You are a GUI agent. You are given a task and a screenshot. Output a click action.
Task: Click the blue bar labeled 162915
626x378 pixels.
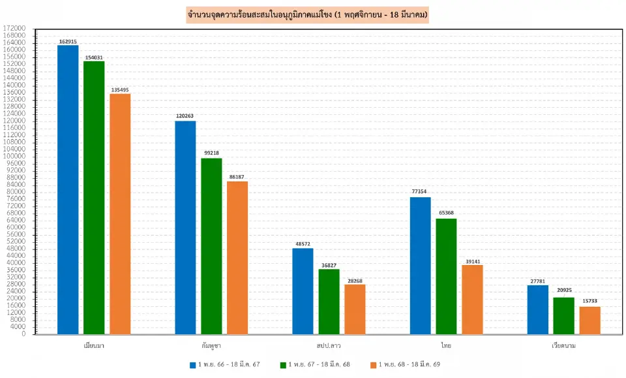pos(68,189)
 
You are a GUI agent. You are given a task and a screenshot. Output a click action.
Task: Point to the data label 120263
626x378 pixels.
pos(185,116)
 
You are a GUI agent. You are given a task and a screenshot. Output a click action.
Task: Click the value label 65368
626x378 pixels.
pos(446,213)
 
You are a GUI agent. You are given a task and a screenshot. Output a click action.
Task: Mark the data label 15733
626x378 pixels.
pos(589,301)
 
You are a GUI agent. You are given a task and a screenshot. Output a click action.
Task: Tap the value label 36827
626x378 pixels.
pos(329,264)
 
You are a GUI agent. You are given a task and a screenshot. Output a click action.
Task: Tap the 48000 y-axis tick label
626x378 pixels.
pos(16,249)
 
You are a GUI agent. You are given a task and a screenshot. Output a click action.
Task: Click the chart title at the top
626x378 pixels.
pos(306,15)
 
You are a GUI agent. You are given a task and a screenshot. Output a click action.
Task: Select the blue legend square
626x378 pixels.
pos(193,364)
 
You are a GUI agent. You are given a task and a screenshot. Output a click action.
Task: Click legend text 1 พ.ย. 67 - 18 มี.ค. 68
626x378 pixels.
pos(320,364)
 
